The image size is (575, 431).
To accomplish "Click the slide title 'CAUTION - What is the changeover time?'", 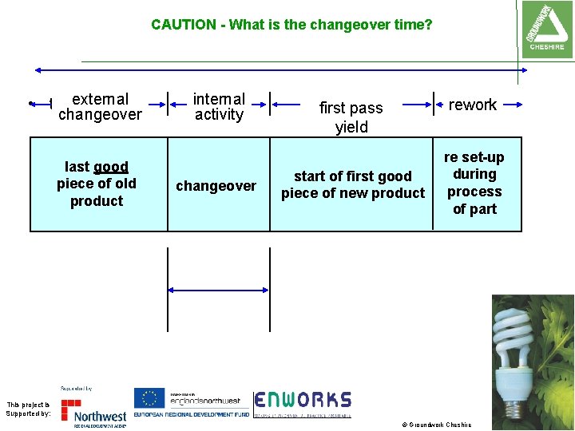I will (x=291, y=25).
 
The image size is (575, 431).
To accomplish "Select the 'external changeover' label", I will (x=100, y=107).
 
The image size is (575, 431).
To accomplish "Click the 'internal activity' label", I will (x=219, y=107).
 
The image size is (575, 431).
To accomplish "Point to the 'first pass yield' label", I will (x=351, y=117).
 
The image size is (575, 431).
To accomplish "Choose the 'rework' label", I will (x=473, y=105).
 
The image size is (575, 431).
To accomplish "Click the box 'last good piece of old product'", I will (x=97, y=184).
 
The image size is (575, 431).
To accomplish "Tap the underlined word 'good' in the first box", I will (x=111, y=167).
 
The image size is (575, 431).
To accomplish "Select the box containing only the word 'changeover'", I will (x=216, y=186).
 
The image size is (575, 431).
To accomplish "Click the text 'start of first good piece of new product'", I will (x=353, y=184).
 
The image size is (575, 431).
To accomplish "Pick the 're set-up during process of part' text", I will (x=474, y=184).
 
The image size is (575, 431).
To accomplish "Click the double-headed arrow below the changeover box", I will (x=218, y=289).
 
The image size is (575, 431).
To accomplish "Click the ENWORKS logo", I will (x=303, y=403).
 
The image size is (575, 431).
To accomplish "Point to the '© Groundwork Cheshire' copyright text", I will (x=436, y=425).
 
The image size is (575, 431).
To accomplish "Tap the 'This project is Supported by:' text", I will (x=28, y=409).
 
